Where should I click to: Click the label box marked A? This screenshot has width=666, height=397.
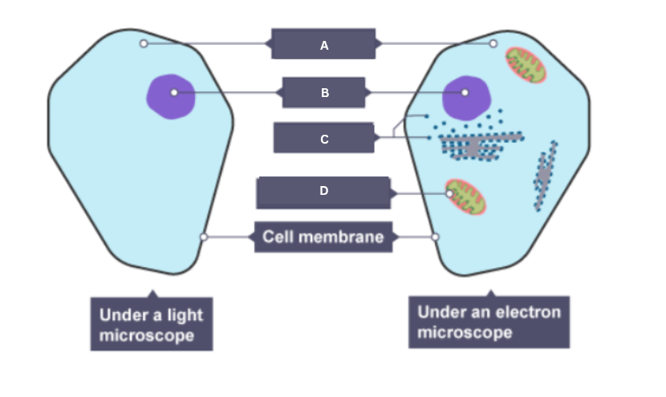pos(323,45)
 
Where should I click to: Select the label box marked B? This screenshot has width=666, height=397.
pos(324,92)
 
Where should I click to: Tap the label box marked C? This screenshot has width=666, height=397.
pos(323,138)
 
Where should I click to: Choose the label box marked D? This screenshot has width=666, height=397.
pos(323,192)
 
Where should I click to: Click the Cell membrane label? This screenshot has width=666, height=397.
pos(323,237)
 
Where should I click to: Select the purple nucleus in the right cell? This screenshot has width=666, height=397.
pos(465,95)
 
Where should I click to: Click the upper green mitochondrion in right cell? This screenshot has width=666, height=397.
pos(526,65)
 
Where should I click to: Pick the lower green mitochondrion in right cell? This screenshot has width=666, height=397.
pos(466,197)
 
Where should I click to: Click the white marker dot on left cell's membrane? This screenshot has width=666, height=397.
pos(204,237)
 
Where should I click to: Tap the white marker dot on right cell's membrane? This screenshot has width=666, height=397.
pos(436,237)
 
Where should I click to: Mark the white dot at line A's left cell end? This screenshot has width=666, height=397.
pos(144,43)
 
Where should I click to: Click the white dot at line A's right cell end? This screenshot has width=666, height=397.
pos(493,43)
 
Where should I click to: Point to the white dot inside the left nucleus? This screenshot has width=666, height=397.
pos(174,93)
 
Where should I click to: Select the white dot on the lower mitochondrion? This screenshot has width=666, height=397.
pos(450,193)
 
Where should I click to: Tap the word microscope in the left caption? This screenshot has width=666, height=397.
pos(146,335)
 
